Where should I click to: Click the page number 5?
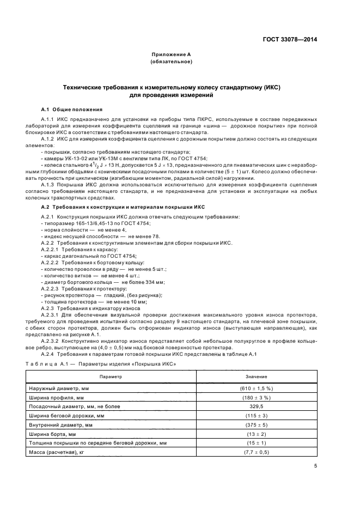tap(316, 466)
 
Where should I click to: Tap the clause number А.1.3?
tap(50, 184)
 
